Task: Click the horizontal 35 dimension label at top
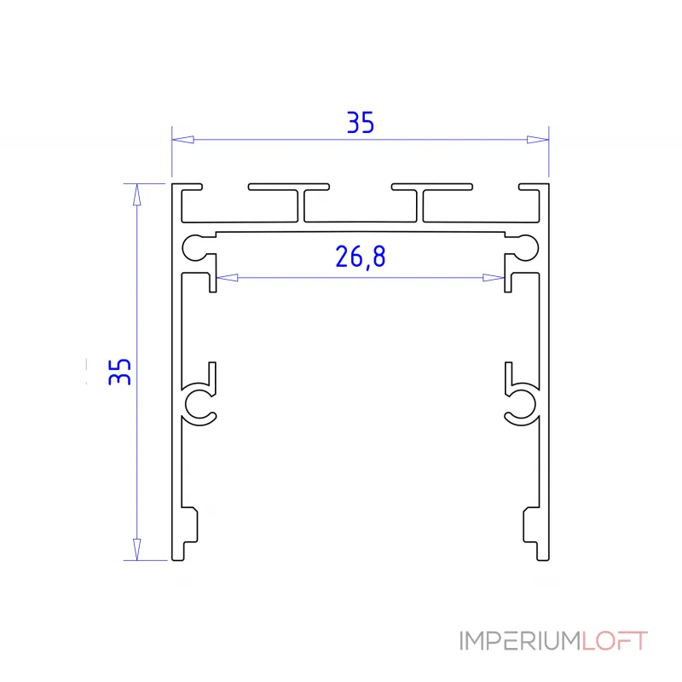point(360,124)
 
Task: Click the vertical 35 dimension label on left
point(121,371)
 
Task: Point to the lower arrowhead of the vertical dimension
point(134,549)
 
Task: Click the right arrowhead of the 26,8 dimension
point(493,277)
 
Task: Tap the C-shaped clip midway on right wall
point(519,401)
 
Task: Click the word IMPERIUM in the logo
point(520,641)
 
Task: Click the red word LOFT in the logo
point(616,641)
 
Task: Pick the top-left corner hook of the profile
point(188,186)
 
